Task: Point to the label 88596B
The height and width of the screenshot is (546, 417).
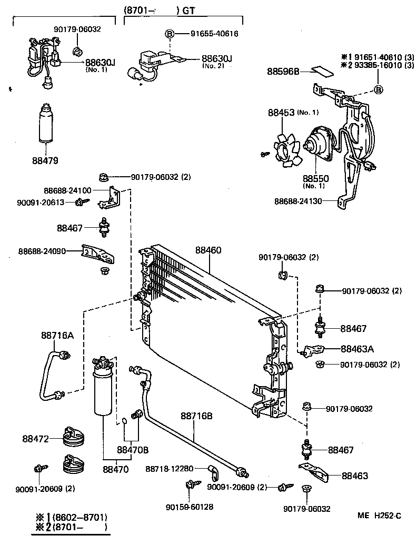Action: (283, 71)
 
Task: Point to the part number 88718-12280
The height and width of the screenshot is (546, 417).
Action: (170, 468)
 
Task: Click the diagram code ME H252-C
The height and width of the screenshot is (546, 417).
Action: (380, 517)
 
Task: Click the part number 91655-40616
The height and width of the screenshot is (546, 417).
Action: (214, 34)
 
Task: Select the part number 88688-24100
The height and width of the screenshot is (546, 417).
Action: (67, 190)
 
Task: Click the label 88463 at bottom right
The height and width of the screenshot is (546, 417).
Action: (354, 476)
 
